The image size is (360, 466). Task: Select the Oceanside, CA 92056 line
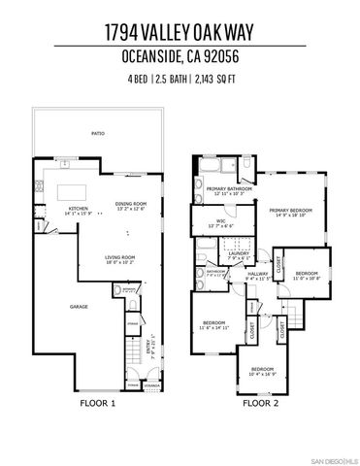click(180, 56)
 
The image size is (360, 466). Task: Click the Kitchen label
click(78, 208)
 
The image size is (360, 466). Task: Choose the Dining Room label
click(129, 205)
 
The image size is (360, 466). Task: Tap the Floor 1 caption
click(98, 402)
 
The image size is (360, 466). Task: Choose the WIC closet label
click(220, 221)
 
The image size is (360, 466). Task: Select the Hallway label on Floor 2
click(257, 275)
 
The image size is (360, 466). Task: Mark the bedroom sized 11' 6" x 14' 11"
click(214, 324)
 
